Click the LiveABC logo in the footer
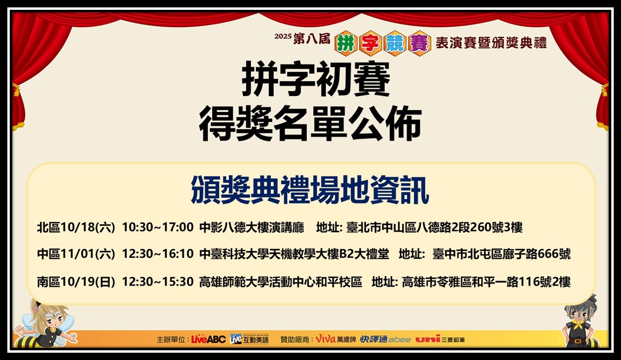pos(208,339)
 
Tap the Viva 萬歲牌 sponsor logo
pos(336,339)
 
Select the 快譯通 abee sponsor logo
pos(386,339)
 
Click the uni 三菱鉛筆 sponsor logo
pos(440,339)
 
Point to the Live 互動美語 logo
pos(249,339)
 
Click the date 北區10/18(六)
pos(76,228)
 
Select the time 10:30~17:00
pos(158,227)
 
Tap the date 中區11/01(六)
pos(76,254)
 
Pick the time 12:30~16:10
pos(158,253)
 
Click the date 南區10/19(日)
pos(76,282)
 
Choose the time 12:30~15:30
pos(158,282)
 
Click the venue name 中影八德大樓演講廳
pos(252,228)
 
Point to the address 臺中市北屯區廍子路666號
pos(502,254)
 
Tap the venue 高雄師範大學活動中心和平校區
pos(281,282)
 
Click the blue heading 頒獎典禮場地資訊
pos(310,190)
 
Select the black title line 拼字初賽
pos(316,79)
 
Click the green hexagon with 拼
pos(346,44)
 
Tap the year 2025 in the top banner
pos(283,37)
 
